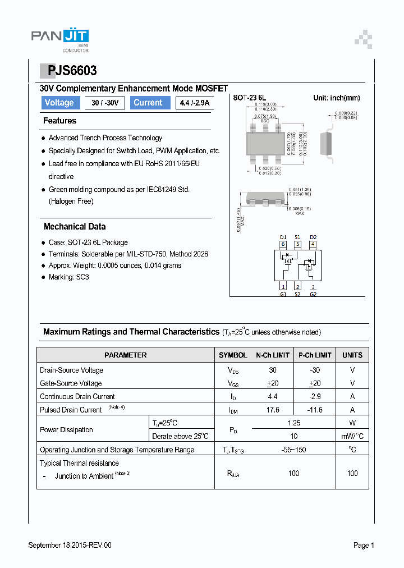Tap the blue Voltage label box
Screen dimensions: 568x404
pyautogui.click(x=59, y=103)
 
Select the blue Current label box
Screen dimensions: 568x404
pyautogui.click(x=148, y=103)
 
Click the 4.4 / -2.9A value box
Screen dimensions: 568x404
pyautogui.click(x=194, y=103)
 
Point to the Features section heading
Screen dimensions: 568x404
pyautogui.click(x=59, y=121)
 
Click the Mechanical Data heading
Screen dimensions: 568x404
pyautogui.click(x=75, y=227)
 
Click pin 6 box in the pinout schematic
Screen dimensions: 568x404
pyautogui.click(x=283, y=244)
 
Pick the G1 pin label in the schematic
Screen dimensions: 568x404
pyautogui.click(x=283, y=294)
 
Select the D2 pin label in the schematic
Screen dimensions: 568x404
pyautogui.click(x=313, y=237)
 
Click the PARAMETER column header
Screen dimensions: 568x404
pyautogui.click(x=126, y=355)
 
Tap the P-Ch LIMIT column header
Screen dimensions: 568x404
pyautogui.click(x=315, y=355)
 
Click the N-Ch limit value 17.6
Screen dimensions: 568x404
pyautogui.click(x=272, y=410)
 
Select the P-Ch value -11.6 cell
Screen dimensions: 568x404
pyautogui.click(x=315, y=410)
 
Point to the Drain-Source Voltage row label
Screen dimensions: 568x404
pyautogui.click(x=72, y=370)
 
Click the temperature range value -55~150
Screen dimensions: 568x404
pyautogui.click(x=293, y=450)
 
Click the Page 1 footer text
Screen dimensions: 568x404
pyautogui.click(x=364, y=545)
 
